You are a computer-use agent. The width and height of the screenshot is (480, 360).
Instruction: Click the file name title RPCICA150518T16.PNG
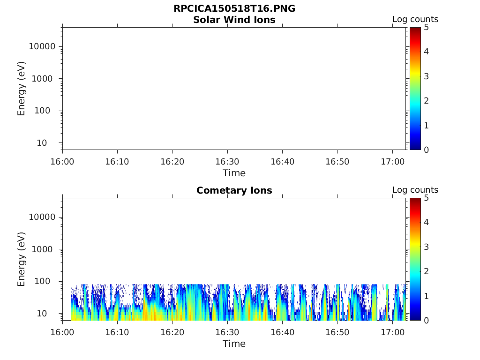click(234, 9)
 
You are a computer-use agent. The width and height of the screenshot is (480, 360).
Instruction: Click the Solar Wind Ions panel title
click(234, 20)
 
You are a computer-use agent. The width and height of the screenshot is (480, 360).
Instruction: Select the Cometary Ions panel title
click(234, 190)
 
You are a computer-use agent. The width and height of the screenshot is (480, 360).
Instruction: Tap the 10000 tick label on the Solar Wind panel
click(42, 47)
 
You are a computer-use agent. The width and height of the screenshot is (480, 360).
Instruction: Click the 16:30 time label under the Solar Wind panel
click(227, 162)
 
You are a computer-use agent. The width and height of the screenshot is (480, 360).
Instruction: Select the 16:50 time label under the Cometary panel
click(337, 332)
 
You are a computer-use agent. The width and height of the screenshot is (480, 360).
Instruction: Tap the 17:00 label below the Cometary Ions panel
click(392, 332)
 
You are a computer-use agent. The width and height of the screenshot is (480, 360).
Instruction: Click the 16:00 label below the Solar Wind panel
click(62, 162)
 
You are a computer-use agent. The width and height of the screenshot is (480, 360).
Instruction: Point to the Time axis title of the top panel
click(234, 173)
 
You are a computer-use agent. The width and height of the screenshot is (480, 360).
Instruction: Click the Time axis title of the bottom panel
click(234, 344)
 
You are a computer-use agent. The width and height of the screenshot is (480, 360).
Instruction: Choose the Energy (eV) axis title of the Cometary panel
click(22, 259)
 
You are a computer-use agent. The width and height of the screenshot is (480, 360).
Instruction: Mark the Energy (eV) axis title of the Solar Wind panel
click(22, 89)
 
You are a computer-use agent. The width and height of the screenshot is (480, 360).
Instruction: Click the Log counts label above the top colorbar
click(415, 20)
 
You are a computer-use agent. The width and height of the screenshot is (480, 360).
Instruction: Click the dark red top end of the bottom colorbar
click(415, 200)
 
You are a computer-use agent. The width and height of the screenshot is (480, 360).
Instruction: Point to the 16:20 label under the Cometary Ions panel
click(172, 332)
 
